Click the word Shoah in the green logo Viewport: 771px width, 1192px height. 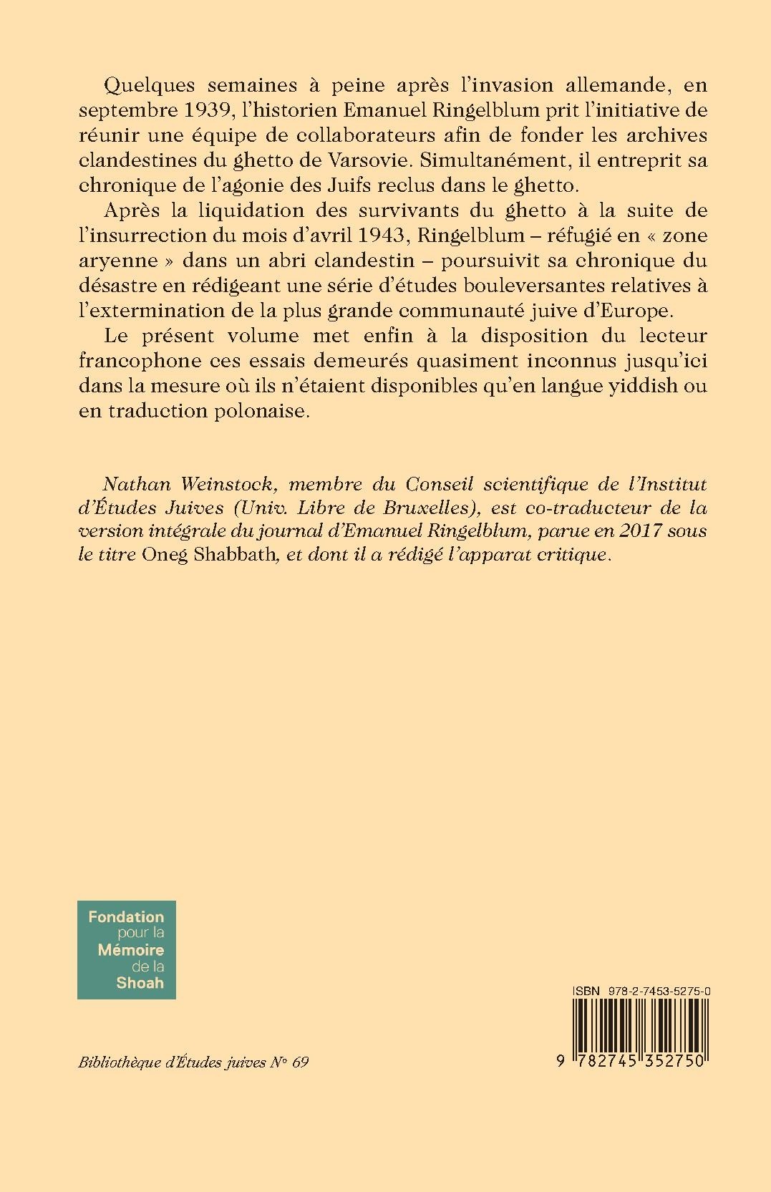[140, 982]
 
